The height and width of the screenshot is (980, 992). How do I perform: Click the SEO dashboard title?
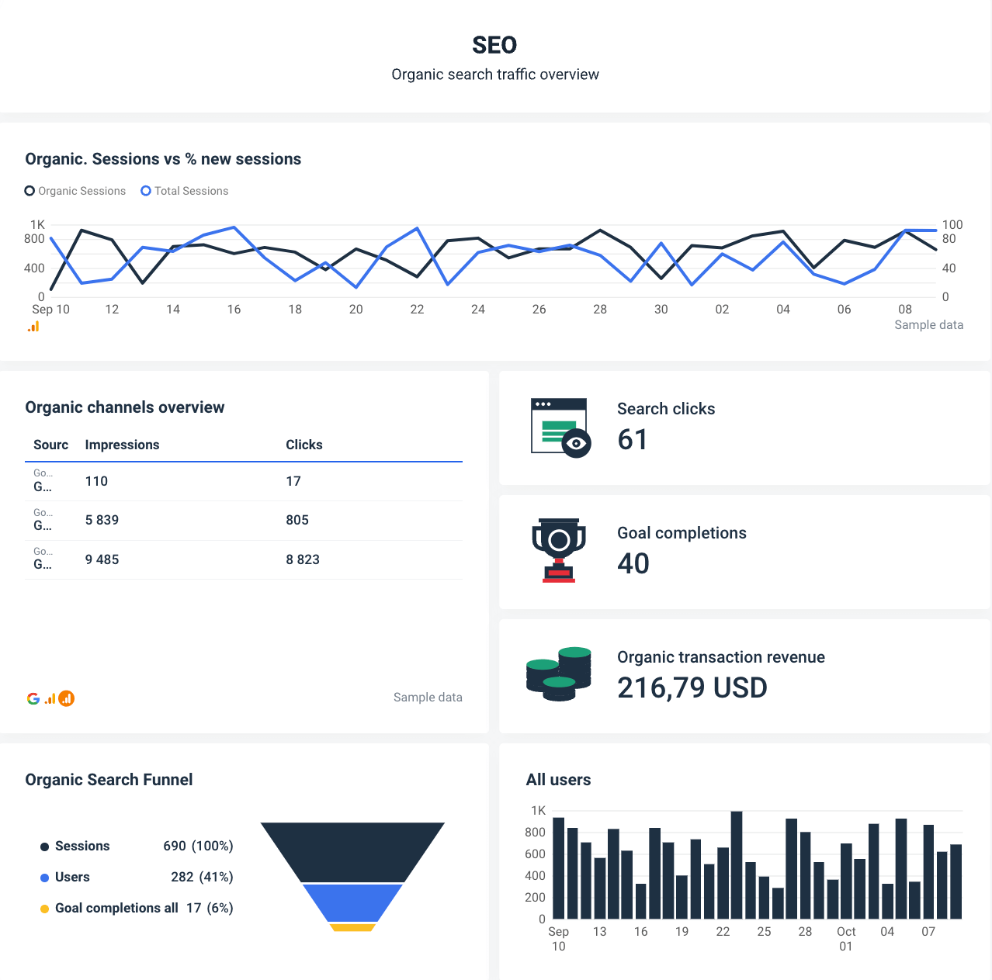(x=494, y=45)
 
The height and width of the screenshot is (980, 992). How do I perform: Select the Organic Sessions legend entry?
(x=75, y=191)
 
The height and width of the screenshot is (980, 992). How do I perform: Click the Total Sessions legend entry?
(x=185, y=191)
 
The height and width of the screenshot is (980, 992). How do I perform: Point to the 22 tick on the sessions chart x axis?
(x=417, y=310)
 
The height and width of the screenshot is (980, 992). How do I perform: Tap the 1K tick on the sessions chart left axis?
(x=37, y=225)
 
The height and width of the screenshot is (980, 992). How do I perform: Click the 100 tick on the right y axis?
(x=952, y=225)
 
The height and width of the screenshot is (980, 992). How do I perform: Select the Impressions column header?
(x=122, y=445)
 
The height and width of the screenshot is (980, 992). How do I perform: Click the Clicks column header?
(x=303, y=445)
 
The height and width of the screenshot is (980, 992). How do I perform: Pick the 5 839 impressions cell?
(x=102, y=520)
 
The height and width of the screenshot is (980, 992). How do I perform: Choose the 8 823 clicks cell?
(x=303, y=559)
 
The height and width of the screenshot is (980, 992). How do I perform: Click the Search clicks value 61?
(x=632, y=440)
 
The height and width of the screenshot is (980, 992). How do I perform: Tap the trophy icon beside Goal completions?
(x=559, y=549)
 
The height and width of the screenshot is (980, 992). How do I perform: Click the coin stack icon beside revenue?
(x=559, y=674)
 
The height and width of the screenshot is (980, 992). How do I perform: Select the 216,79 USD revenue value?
(x=692, y=687)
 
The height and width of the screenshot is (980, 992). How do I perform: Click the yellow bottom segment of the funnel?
(x=352, y=927)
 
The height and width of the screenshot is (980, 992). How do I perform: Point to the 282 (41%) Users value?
(x=202, y=877)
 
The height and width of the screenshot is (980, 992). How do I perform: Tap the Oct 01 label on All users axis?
(x=846, y=938)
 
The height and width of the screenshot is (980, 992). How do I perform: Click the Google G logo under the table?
(x=33, y=698)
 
